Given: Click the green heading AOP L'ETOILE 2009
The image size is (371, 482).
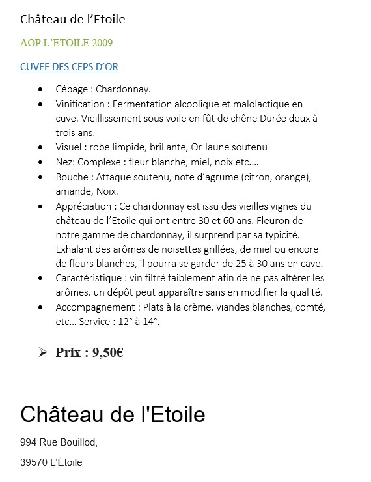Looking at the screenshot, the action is click(66, 43).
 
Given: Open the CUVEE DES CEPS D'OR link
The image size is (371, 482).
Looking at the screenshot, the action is click(70, 67).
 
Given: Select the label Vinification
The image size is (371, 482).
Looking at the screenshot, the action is click(80, 104).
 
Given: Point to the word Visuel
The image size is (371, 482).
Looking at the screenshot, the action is click(70, 147).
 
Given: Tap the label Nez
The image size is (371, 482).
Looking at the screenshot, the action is click(64, 162).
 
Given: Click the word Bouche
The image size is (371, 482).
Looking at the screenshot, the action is click(72, 177).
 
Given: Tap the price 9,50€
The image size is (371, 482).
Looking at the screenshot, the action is click(108, 352).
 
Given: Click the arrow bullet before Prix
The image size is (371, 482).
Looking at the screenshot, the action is click(43, 352).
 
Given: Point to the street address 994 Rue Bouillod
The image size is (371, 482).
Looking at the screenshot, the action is click(59, 442).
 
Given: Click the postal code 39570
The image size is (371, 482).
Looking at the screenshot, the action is click(34, 462).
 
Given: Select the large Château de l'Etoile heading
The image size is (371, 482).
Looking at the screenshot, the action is click(113, 414).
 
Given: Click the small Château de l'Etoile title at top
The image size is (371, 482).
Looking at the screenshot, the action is click(72, 20).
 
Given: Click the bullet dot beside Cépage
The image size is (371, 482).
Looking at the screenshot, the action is click(42, 89).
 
